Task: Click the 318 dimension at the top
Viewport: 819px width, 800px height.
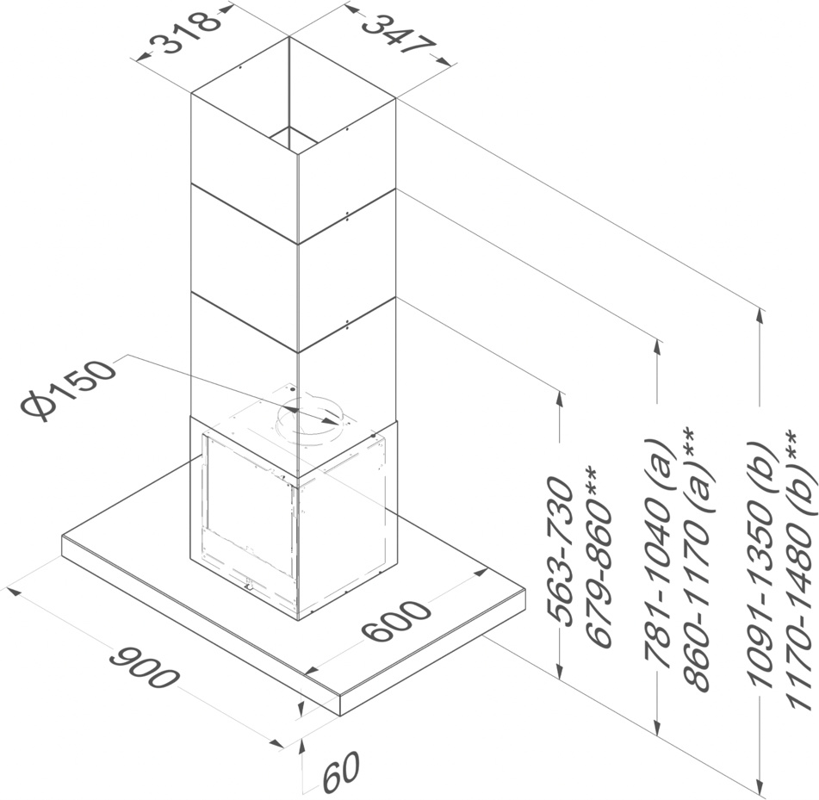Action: [x=183, y=34]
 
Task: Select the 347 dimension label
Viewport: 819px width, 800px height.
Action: [x=392, y=34]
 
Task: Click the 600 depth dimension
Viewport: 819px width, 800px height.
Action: [x=395, y=623]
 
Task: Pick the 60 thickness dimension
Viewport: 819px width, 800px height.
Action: [x=339, y=773]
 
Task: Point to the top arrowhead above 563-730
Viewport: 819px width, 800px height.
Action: [x=561, y=398]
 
